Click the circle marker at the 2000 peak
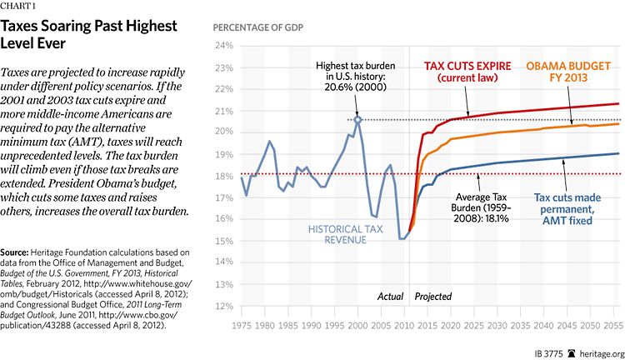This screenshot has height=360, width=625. click(x=357, y=120)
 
